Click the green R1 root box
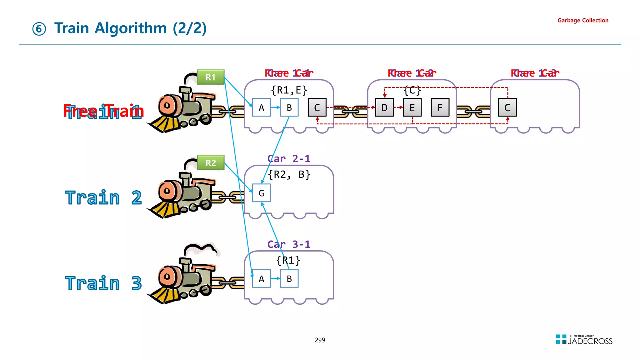click(x=211, y=77)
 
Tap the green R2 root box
click(x=211, y=163)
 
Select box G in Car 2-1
click(x=261, y=193)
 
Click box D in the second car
click(x=384, y=107)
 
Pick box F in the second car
click(x=440, y=107)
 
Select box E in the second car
click(x=412, y=107)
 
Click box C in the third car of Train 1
click(x=507, y=107)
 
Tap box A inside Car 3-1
click(x=261, y=278)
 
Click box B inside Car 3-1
click(x=289, y=278)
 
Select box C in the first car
click(x=317, y=107)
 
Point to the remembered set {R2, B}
click(x=289, y=174)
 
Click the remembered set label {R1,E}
click(x=289, y=90)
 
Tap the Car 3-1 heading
click(x=289, y=244)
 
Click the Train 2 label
click(x=103, y=198)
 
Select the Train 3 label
click(x=103, y=283)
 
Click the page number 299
click(x=320, y=340)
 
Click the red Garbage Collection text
click(x=582, y=20)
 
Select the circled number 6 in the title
click(x=39, y=29)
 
